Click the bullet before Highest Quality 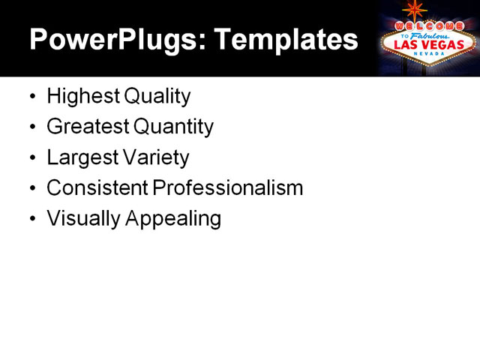(x=31, y=97)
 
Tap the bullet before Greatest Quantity (x=31, y=127)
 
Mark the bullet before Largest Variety (x=31, y=158)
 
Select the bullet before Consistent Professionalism (x=31, y=188)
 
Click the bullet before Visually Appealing (x=31, y=219)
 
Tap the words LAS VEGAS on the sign (x=428, y=44)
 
